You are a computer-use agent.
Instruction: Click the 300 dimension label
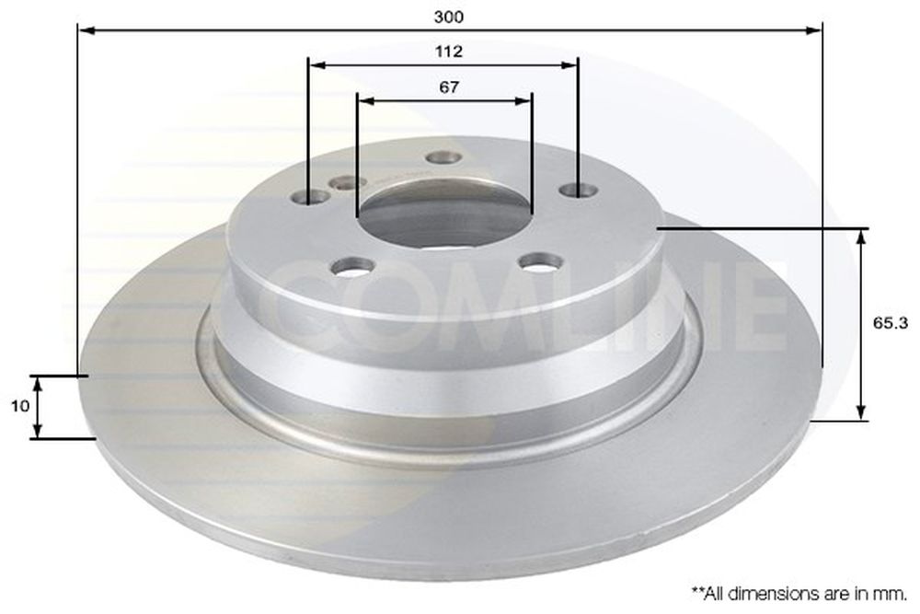[449, 17]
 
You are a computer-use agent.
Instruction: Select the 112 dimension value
[449, 52]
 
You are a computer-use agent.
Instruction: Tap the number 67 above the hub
[449, 87]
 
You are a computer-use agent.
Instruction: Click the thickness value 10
[20, 406]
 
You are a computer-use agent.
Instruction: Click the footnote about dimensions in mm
[800, 594]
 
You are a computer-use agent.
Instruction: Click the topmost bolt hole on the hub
[443, 157]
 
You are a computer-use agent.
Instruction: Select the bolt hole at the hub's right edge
[579, 190]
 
